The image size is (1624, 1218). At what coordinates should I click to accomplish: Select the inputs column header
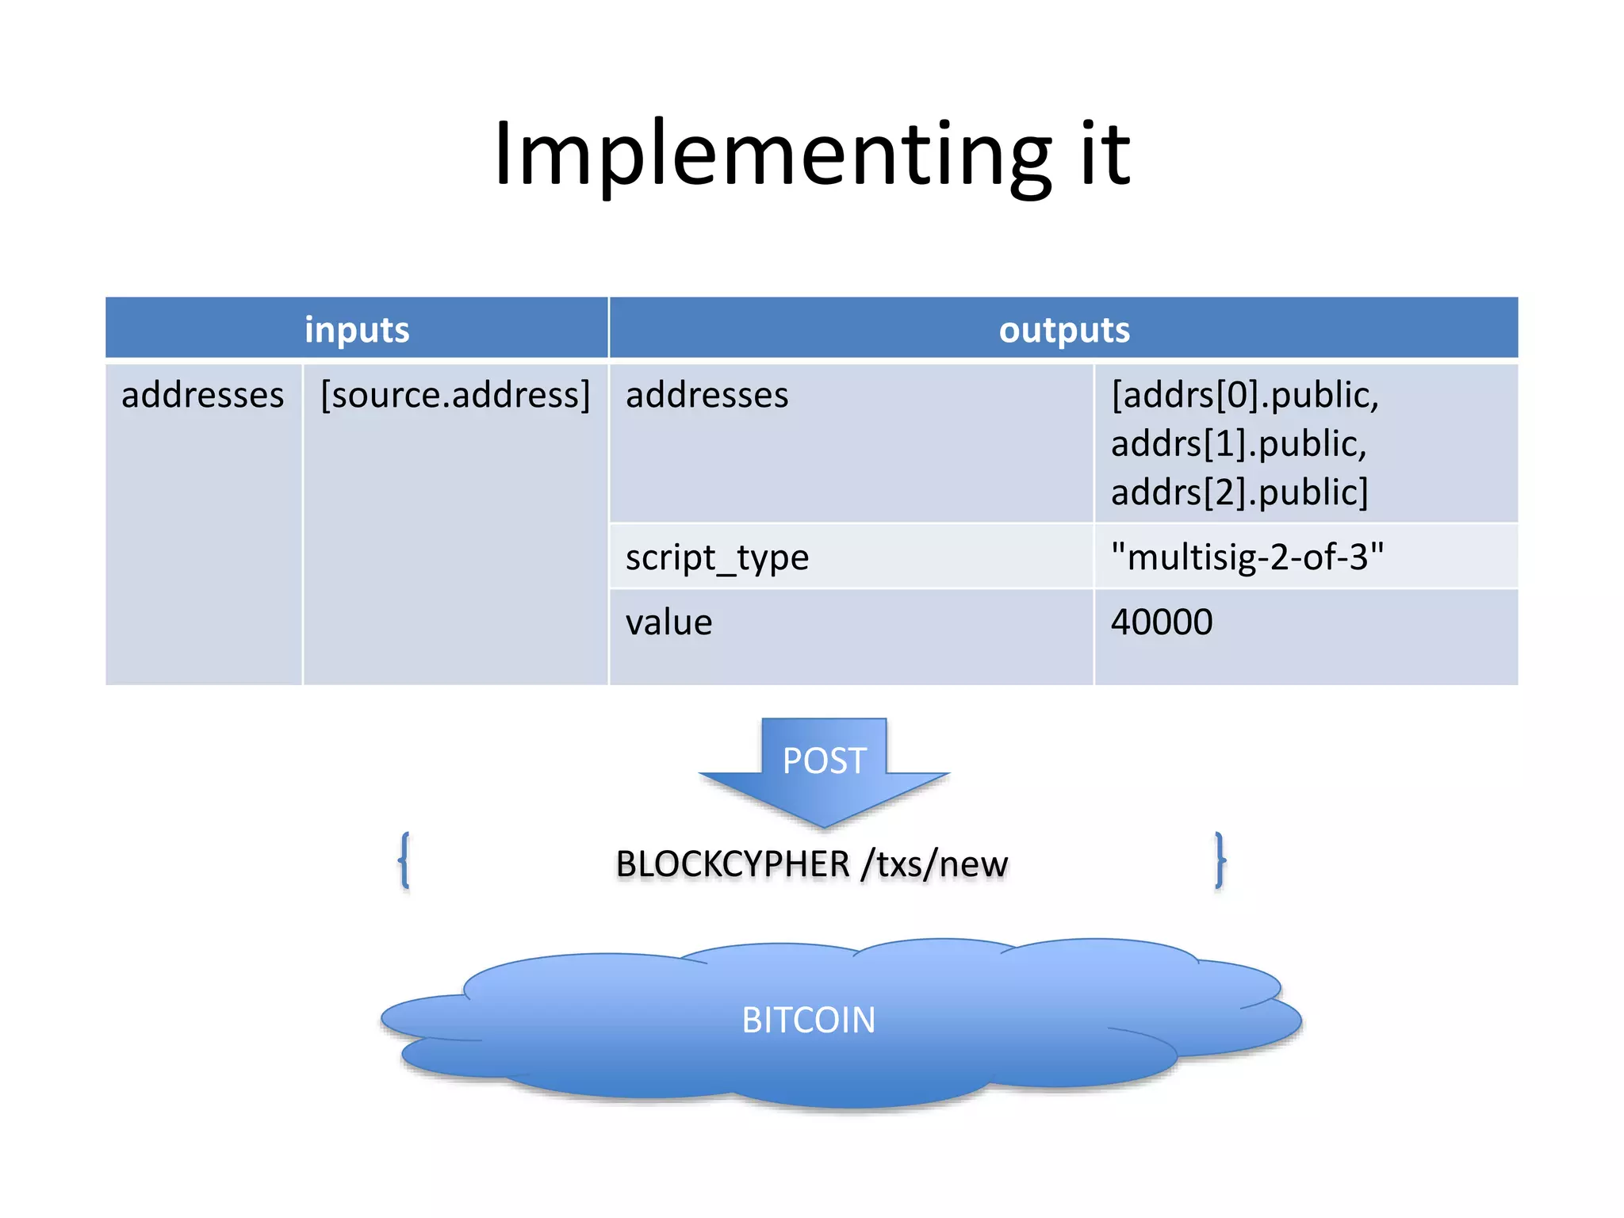[357, 330]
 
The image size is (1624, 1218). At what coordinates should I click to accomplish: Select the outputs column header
[1064, 330]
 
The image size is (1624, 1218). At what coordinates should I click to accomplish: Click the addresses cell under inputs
[202, 395]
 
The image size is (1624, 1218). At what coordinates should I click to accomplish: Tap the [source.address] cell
[455, 395]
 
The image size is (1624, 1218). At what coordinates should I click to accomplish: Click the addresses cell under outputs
[707, 395]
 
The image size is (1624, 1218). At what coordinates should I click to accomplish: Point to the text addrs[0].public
[1245, 395]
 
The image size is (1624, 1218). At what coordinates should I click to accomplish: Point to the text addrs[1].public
[1239, 443]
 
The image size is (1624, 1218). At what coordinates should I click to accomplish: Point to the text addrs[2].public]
[1239, 492]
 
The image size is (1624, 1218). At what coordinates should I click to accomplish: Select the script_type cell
[717, 557]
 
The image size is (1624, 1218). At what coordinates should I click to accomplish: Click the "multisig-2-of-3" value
[1247, 557]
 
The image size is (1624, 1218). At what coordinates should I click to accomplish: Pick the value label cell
[668, 622]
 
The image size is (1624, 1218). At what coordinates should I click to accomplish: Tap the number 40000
[1161, 622]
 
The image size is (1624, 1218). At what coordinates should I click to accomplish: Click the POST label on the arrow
[824, 761]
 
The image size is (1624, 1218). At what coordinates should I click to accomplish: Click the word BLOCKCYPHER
[733, 864]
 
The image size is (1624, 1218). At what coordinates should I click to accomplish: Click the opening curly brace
[404, 860]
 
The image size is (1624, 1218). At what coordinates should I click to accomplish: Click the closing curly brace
[1220, 860]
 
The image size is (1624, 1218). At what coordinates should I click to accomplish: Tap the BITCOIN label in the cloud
[808, 1021]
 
